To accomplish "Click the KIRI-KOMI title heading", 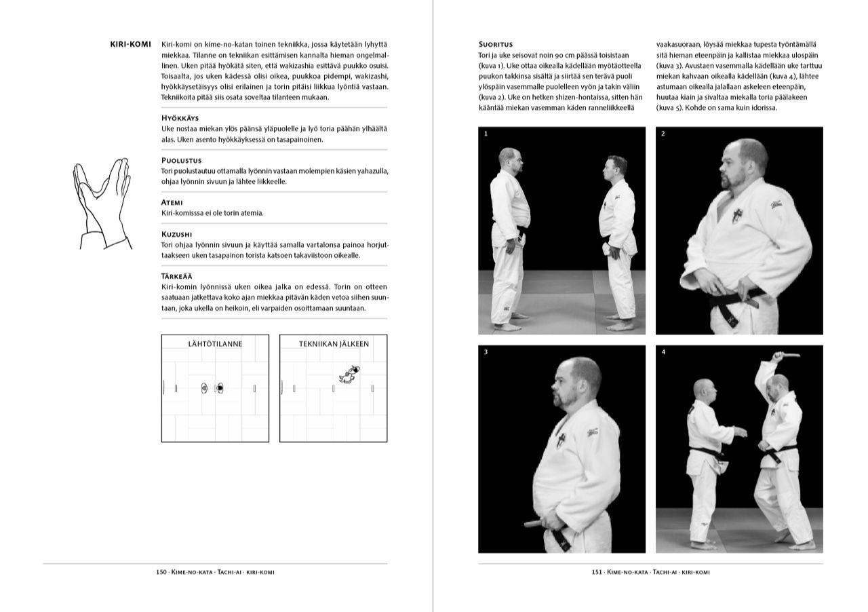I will (x=130, y=44).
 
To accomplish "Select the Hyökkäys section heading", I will (x=180, y=118).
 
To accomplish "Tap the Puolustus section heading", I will (x=181, y=160).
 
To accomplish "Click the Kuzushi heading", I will (x=176, y=234).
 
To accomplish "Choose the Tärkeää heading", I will (x=176, y=276).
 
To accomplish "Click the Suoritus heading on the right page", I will (x=495, y=44).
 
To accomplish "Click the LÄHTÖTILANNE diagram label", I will (x=215, y=344).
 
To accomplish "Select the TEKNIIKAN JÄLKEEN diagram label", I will (x=334, y=344).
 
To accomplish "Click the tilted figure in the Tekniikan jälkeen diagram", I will (x=349, y=374).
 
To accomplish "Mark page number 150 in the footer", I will (x=161, y=572).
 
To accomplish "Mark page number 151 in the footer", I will (x=597, y=572).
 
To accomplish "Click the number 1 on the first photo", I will (x=486, y=134).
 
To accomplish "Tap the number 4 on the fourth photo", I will (x=663, y=352).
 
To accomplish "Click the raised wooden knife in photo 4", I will (x=786, y=354).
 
